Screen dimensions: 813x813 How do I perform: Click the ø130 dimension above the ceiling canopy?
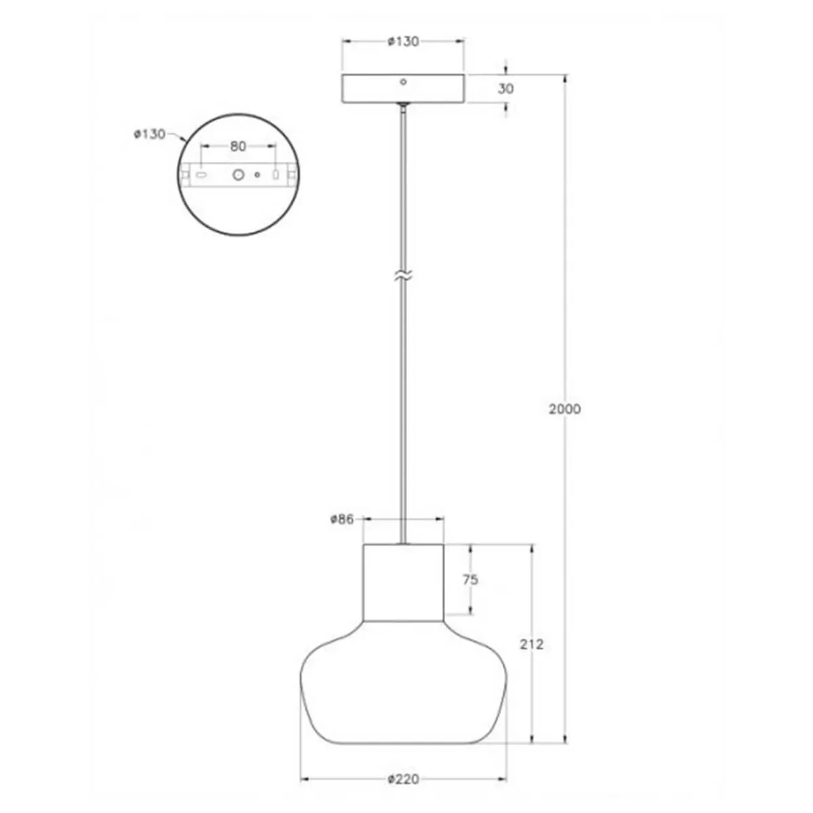click(403, 41)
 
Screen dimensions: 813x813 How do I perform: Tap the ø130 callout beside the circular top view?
click(149, 134)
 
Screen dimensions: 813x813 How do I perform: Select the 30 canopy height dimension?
click(505, 89)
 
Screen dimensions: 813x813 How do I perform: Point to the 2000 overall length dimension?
click(564, 409)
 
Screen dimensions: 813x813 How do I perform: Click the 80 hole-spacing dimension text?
click(238, 146)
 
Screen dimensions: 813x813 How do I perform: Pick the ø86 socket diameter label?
click(342, 520)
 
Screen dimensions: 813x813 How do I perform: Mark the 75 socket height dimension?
click(470, 579)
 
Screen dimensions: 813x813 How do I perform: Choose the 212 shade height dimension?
click(531, 644)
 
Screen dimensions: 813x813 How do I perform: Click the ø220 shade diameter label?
click(403, 780)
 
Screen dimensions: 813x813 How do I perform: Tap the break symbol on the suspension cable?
click(403, 276)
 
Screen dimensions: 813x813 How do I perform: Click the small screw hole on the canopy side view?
click(403, 82)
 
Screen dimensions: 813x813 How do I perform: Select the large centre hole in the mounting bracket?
click(238, 174)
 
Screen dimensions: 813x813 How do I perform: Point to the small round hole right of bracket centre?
click(257, 174)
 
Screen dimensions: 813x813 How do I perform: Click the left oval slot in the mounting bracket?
click(201, 174)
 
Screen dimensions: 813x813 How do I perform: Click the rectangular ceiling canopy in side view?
click(403, 89)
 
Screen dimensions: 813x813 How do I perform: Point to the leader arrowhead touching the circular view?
click(186, 141)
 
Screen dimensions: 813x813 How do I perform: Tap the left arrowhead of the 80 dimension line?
click(203, 146)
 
